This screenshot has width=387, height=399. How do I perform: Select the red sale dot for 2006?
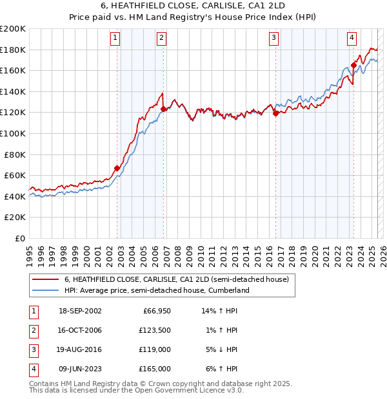164,109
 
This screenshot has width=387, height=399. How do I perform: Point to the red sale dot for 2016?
276,114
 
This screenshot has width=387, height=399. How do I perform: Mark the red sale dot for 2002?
117,169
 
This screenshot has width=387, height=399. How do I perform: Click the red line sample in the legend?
45,279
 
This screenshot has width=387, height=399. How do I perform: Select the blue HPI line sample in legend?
45,290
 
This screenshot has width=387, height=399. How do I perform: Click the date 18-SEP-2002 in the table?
80,311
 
